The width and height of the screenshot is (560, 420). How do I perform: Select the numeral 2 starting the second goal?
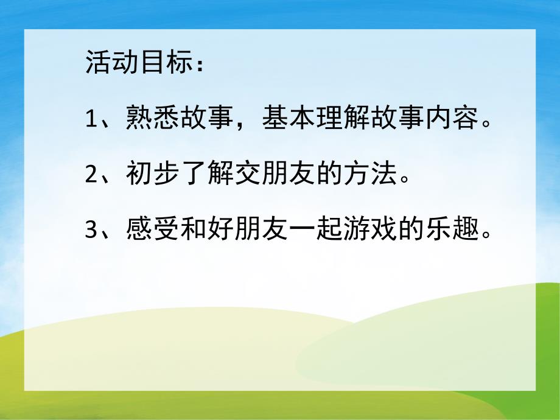[91, 177]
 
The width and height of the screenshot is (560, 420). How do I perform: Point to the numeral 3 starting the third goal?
[91, 233]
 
